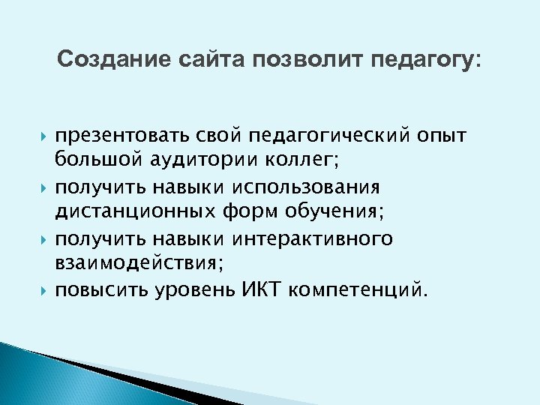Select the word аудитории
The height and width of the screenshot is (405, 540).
(199, 161)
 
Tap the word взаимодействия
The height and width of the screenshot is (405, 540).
(136, 264)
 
